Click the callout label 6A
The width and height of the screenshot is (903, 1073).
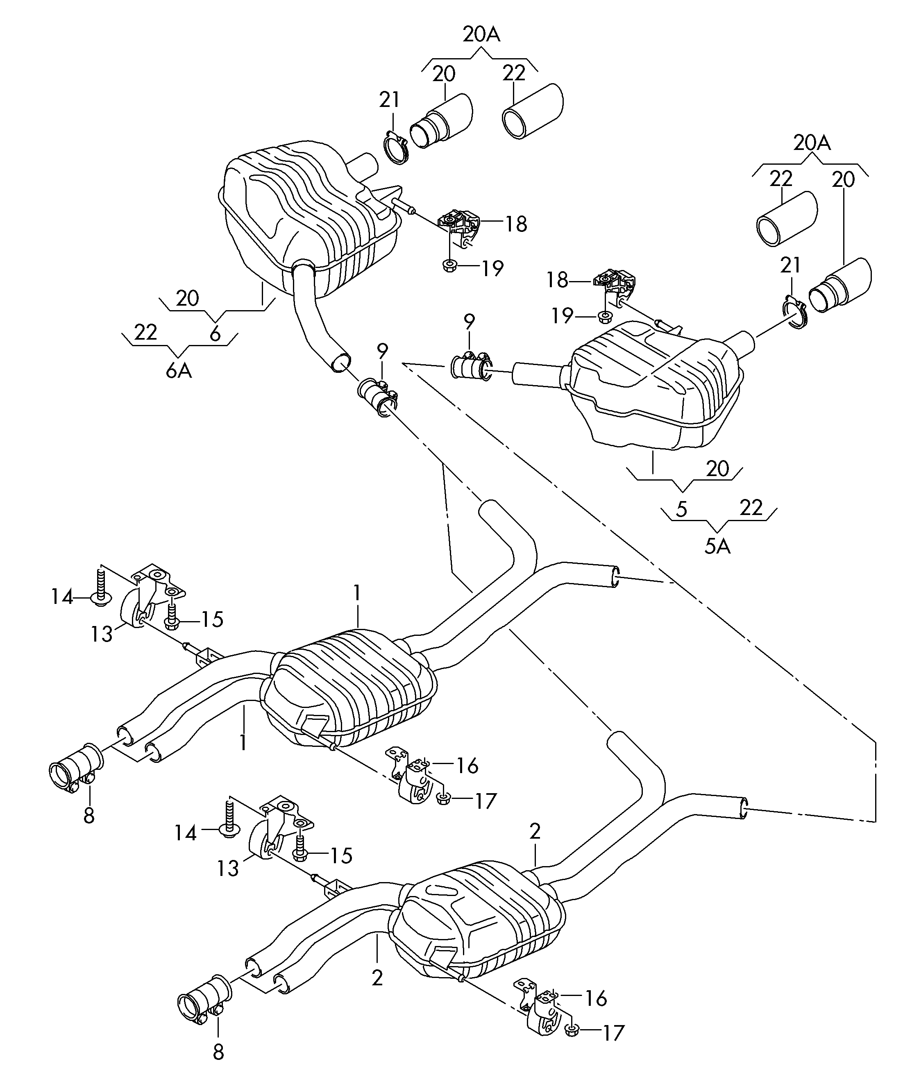[x=179, y=371]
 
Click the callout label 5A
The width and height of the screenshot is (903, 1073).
[x=717, y=546]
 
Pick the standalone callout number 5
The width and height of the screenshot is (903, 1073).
[x=681, y=509]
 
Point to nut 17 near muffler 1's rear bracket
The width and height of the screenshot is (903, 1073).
[x=443, y=800]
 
